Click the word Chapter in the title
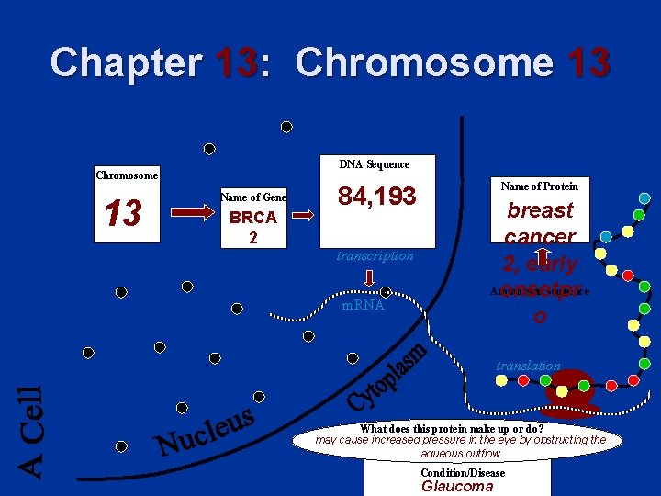(x=127, y=62)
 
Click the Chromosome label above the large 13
(x=127, y=175)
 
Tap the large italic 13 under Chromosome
(x=123, y=214)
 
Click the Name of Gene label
(x=253, y=197)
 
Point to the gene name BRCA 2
(x=253, y=226)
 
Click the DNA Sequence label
(x=375, y=164)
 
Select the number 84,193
(x=376, y=196)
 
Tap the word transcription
(x=375, y=255)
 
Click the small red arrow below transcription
(x=367, y=278)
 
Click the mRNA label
(x=363, y=305)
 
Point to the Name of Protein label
(x=540, y=186)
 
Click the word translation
(x=528, y=366)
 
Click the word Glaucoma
(x=457, y=487)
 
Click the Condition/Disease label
(x=463, y=473)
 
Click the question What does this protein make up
(x=452, y=428)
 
